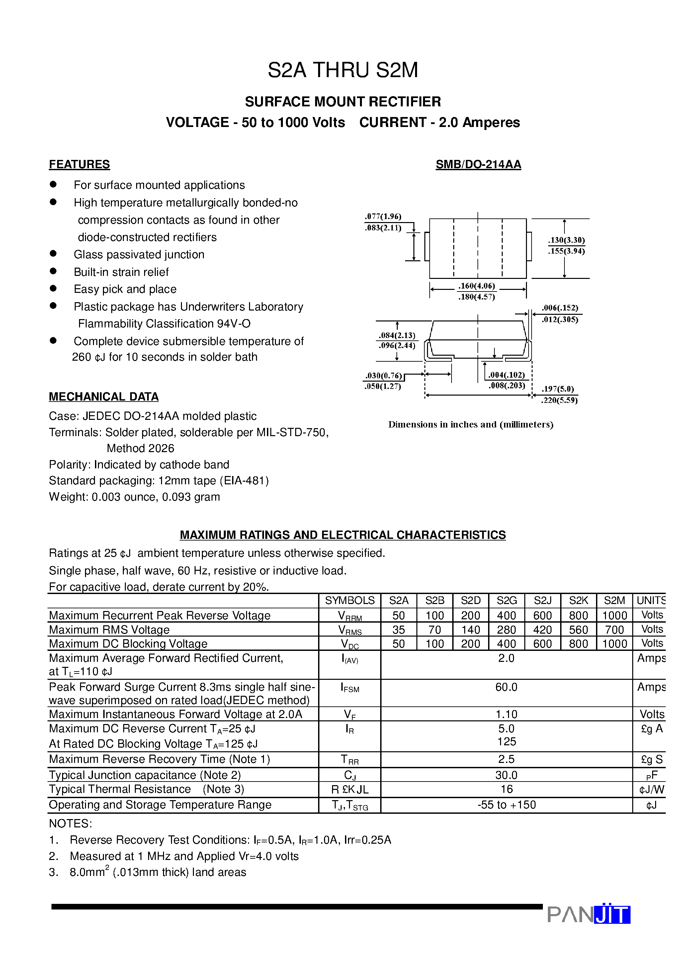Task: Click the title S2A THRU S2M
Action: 343,70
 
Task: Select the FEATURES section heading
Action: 79,164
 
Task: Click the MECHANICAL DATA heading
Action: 104,397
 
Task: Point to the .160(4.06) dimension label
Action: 477,286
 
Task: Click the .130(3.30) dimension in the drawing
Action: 566,240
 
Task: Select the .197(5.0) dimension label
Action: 558,389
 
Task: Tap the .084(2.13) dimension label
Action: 397,335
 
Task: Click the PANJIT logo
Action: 588,914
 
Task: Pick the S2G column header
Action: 506,600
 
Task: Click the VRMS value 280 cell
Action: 506,630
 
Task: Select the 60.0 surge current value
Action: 506,687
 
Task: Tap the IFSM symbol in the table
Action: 349,687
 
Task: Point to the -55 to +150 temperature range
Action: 506,805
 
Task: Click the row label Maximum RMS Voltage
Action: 109,630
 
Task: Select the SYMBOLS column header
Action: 349,600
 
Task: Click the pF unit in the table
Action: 651,776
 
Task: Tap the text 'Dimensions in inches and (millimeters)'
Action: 470,424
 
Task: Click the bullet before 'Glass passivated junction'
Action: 53,254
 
